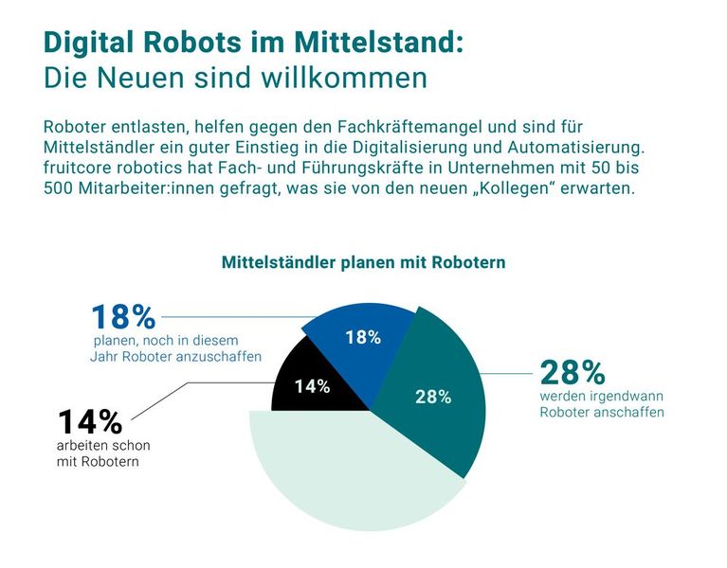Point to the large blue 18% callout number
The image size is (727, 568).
point(122,317)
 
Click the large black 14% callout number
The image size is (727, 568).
point(90,422)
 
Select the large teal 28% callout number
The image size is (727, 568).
point(573,372)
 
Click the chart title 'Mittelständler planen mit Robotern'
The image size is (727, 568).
point(363,262)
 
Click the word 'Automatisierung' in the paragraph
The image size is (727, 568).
point(585,148)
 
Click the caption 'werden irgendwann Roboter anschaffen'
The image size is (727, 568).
point(601,403)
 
